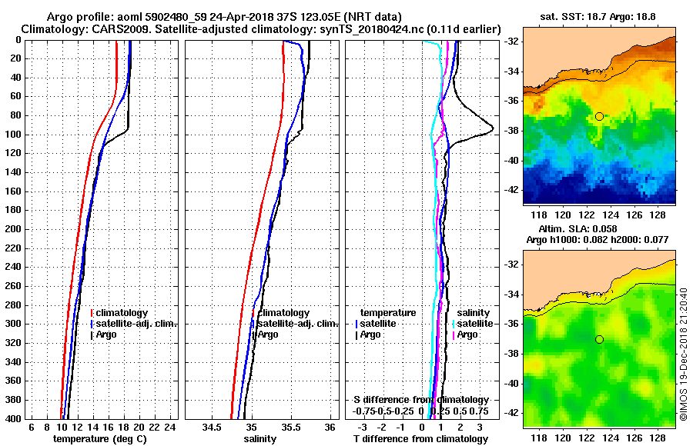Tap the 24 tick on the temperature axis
tap(170, 427)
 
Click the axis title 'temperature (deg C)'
tap(99, 438)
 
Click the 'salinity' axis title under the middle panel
tap(260, 438)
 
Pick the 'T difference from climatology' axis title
tap(420, 438)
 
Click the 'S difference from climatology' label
tap(420, 400)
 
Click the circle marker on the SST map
tap(599, 116)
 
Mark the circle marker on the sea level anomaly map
tap(599, 339)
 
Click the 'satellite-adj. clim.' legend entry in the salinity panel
tap(293, 324)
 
